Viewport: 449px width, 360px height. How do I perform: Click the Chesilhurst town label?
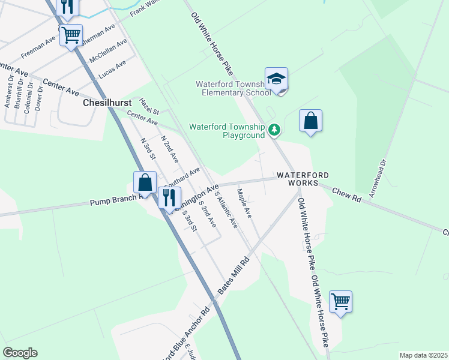[x=103, y=103]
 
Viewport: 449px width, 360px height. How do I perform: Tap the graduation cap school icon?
[x=276, y=79]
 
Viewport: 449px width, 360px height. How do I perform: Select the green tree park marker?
[x=274, y=129]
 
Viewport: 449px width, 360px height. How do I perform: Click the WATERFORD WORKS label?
[x=303, y=178]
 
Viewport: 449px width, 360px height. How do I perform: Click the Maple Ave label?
[x=244, y=203]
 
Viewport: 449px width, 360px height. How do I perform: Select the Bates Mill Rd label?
[x=233, y=277]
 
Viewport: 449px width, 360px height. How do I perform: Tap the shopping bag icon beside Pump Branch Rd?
[x=145, y=182]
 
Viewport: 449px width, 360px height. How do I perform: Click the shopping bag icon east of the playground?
[x=310, y=121]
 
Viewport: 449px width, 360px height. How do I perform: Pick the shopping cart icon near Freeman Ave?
[x=71, y=35]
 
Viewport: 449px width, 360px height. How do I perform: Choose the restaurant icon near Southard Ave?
[x=169, y=197]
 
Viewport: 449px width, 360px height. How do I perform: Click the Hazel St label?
[x=149, y=107]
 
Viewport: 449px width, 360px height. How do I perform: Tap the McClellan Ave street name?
[x=108, y=52]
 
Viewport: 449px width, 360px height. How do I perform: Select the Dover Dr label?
[x=39, y=96]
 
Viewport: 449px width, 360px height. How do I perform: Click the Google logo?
[x=20, y=353]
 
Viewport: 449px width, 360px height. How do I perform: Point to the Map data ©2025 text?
[x=423, y=355]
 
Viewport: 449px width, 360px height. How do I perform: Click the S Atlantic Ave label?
[x=226, y=212]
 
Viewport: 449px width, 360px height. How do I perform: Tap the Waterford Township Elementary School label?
[x=233, y=88]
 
